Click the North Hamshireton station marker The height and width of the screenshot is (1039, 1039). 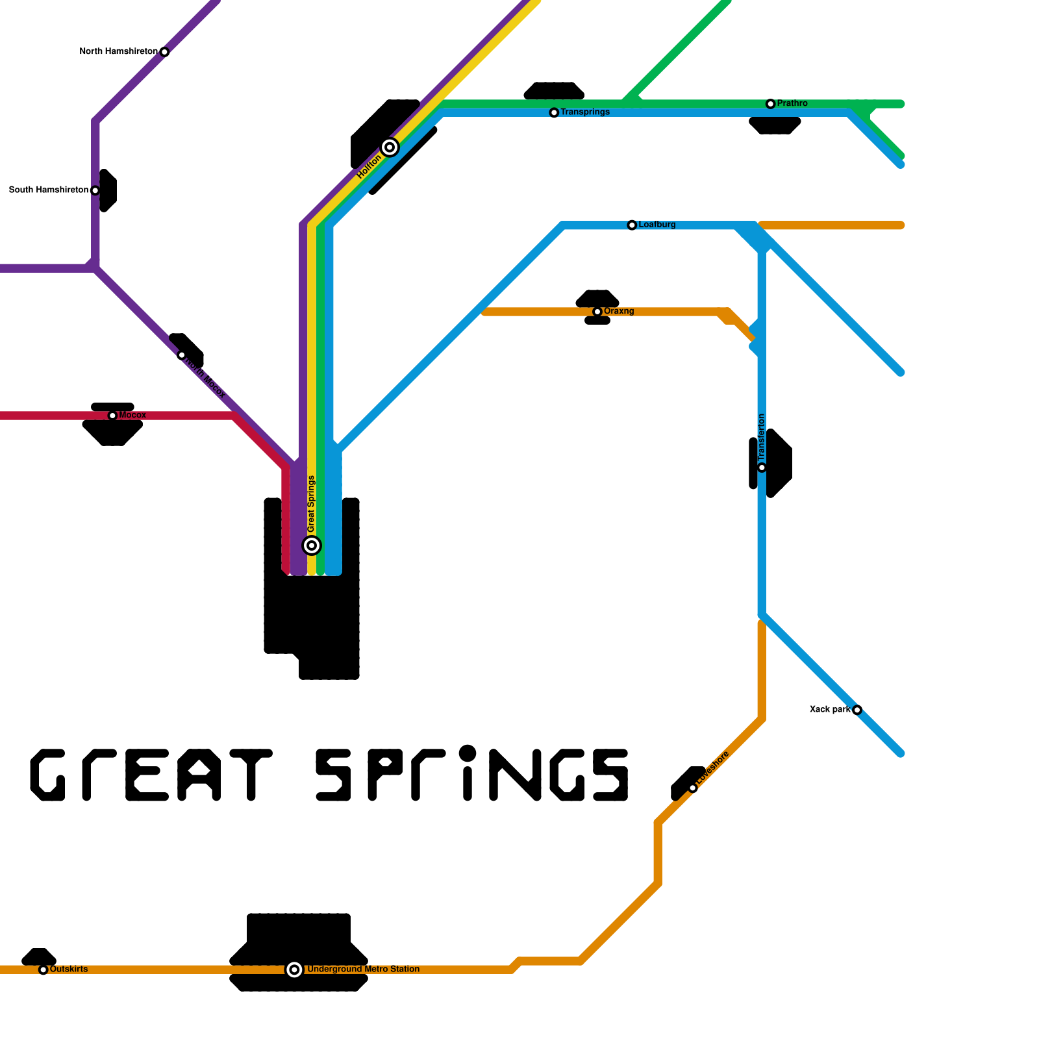tap(164, 52)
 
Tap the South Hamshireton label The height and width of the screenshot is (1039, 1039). tap(49, 190)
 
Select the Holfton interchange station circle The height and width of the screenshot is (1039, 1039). tap(390, 147)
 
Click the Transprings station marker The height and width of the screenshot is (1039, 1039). tap(554, 113)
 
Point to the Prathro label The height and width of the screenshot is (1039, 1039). tap(792, 103)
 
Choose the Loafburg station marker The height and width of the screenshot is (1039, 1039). tap(632, 225)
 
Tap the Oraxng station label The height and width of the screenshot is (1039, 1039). tap(618, 312)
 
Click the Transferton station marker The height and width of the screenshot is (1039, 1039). tap(762, 468)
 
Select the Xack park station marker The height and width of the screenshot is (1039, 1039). tap(857, 710)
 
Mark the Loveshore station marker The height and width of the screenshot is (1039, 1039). tap(693, 788)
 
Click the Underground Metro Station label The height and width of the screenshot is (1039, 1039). tap(363, 970)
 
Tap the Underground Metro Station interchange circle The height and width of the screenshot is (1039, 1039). tap(294, 970)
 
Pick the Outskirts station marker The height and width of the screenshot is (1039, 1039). tap(44, 970)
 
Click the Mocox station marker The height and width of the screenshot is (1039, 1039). tap(112, 416)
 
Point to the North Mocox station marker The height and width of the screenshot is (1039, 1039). tap(182, 355)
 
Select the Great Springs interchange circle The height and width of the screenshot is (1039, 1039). tap(312, 545)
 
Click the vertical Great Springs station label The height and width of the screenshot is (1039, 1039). tap(312, 504)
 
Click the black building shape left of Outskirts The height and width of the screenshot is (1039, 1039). tap(38, 956)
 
